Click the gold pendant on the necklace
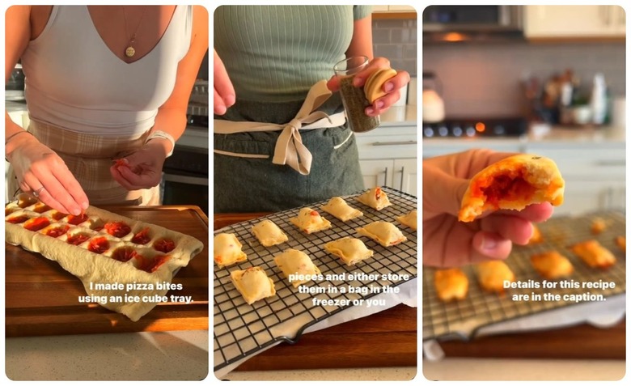(130, 52)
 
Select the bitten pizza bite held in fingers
(512, 188)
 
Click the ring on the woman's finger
(38, 192)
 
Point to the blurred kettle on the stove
(433, 98)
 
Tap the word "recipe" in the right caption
(599, 285)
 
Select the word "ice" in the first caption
(134, 299)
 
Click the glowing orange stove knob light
(480, 127)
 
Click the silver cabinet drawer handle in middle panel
(394, 143)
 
